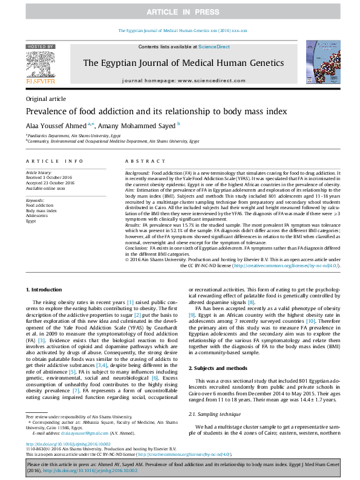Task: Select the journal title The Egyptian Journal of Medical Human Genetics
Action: click(x=183, y=63)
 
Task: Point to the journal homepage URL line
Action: click(x=183, y=80)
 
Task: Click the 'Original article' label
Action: click(x=45, y=99)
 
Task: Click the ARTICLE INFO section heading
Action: click(x=54, y=161)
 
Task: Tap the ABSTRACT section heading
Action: click(x=141, y=161)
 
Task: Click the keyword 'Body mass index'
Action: click(x=42, y=210)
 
